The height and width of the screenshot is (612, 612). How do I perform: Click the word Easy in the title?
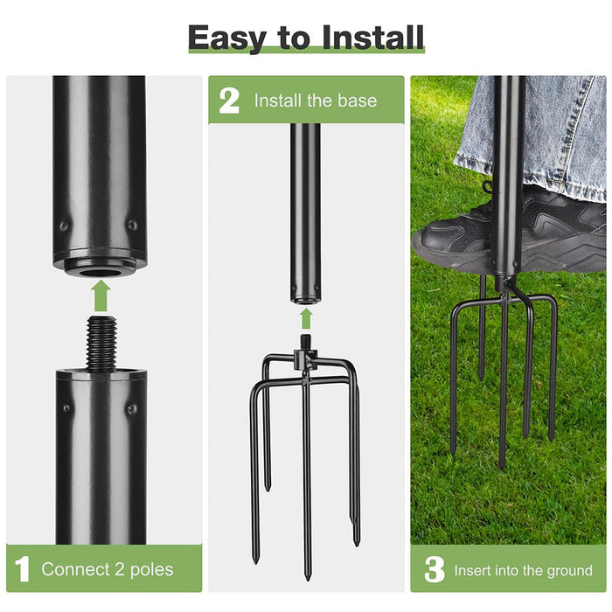(x=227, y=38)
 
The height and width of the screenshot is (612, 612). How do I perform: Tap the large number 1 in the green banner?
(x=24, y=570)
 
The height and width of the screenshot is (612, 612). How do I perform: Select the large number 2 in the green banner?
(x=228, y=100)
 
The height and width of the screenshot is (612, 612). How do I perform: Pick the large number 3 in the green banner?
(x=434, y=570)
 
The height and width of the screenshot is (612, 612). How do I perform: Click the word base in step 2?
(x=358, y=101)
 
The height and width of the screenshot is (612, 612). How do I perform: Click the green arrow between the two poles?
(x=101, y=296)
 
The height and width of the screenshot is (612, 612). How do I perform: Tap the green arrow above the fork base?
(x=305, y=316)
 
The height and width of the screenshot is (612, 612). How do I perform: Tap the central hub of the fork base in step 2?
(x=305, y=360)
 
